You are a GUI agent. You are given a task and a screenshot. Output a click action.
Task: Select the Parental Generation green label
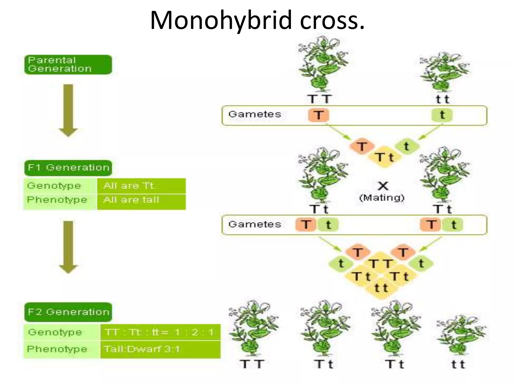tap(68, 65)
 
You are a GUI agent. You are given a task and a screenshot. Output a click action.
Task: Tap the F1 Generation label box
tap(68, 168)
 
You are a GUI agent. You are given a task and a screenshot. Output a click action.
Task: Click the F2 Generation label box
tap(68, 312)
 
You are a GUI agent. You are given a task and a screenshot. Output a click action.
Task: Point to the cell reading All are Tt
tap(141, 186)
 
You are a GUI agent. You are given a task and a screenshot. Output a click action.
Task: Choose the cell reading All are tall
tap(141, 200)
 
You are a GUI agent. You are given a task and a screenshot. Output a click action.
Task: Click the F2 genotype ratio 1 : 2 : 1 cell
tap(160, 332)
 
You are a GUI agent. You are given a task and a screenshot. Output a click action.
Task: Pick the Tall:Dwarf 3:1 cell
tap(160, 349)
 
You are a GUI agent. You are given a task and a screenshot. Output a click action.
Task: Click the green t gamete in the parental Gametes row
tap(442, 115)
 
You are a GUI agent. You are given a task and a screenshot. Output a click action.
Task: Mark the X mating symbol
tap(383, 186)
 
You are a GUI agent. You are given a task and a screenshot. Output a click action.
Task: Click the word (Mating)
tap(382, 198)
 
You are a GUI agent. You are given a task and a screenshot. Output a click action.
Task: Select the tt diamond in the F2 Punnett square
tap(381, 288)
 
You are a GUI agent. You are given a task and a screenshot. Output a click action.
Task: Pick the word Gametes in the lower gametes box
tap(254, 224)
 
